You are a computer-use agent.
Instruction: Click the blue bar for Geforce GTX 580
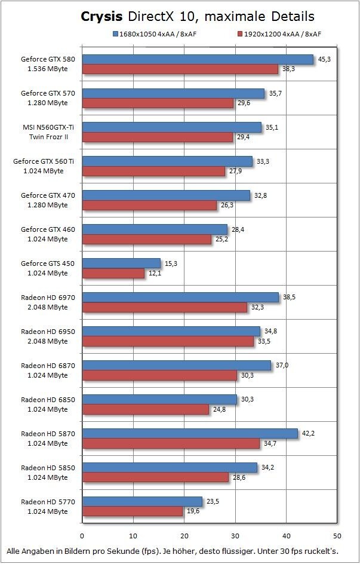(198, 59)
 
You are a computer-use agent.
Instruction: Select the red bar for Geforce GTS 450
(113, 273)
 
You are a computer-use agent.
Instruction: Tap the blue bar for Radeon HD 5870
(190, 433)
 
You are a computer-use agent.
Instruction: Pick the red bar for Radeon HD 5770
(132, 511)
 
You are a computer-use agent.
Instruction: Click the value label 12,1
(155, 273)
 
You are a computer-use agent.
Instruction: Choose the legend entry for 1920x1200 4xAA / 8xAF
(281, 34)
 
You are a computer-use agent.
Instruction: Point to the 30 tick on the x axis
(235, 535)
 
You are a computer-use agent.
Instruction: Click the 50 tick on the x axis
(337, 535)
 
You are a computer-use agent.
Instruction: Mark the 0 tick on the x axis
(82, 535)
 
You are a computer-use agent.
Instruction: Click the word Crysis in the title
(103, 16)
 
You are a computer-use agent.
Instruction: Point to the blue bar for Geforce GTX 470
(166, 195)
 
